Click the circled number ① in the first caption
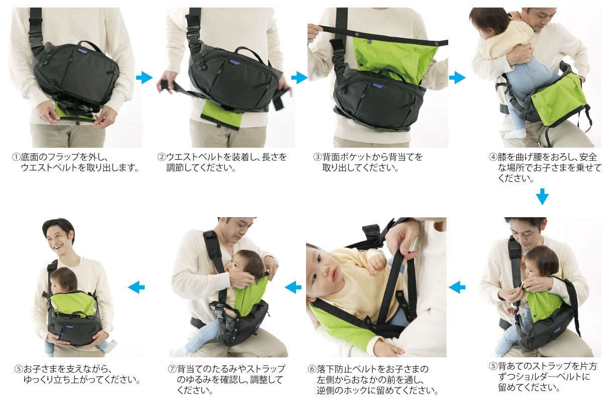16,157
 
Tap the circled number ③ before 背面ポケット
318,157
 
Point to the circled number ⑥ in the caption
312,369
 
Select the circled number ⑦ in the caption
172,369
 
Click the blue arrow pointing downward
542,196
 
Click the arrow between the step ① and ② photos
144,78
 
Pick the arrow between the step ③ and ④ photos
457,78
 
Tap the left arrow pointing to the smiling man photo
137,287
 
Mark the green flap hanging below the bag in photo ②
222,114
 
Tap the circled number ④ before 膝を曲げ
493,157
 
